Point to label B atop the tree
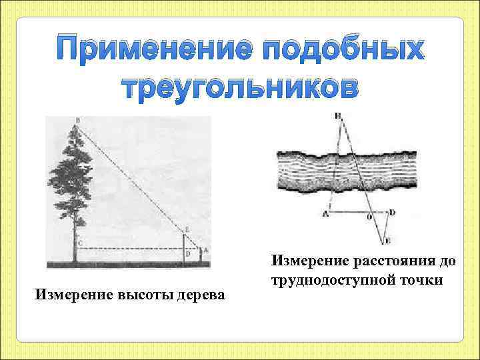[x=77, y=121]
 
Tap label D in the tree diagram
[x=189, y=253]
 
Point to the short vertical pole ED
[x=183, y=248]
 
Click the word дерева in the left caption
[x=200, y=294]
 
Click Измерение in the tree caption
[x=75, y=294]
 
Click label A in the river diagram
[x=325, y=213]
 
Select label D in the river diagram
[x=392, y=212]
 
